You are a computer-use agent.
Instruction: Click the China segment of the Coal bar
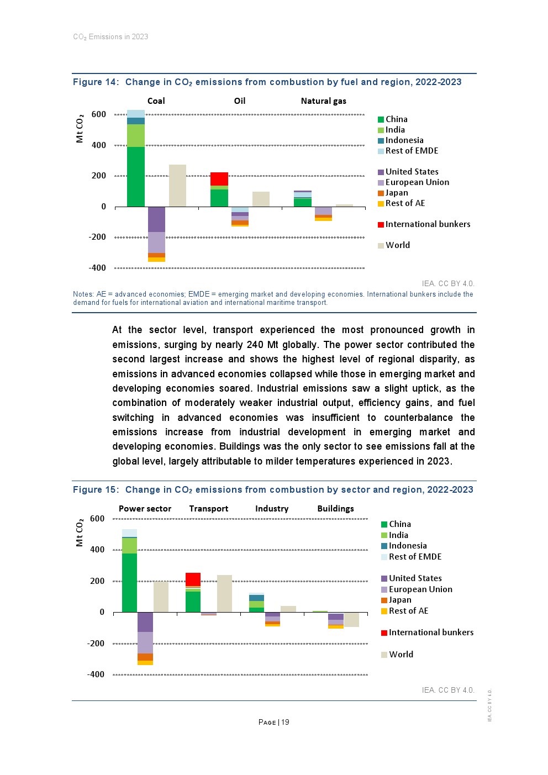pos(135,177)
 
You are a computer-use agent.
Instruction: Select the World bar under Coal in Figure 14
pos(177,186)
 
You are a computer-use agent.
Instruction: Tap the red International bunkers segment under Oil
pos(219,178)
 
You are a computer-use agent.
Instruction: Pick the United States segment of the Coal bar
pos(156,219)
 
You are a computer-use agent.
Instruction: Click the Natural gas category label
pos(323,101)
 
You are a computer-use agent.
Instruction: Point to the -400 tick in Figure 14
pos(97,268)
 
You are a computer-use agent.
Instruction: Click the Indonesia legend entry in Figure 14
pos(404,140)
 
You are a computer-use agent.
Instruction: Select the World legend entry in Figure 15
pos(401,655)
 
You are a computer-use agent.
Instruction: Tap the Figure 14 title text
pos(267,82)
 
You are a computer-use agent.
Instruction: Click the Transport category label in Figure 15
pos(208,509)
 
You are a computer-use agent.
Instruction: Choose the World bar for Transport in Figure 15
pos(224,593)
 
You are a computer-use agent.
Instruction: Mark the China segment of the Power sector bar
pos(129,582)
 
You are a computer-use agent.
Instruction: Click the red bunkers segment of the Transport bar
pos(193,579)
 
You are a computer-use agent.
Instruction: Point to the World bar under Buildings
pos(351,619)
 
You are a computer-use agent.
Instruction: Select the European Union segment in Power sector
pos(145,642)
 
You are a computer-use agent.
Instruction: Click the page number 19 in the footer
pos(285,722)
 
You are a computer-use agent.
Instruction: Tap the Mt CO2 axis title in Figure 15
pos(80,533)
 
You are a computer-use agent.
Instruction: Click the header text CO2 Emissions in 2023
pos(110,37)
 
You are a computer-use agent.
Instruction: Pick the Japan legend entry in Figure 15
pos(399,600)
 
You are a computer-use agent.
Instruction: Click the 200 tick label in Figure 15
pos(97,581)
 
